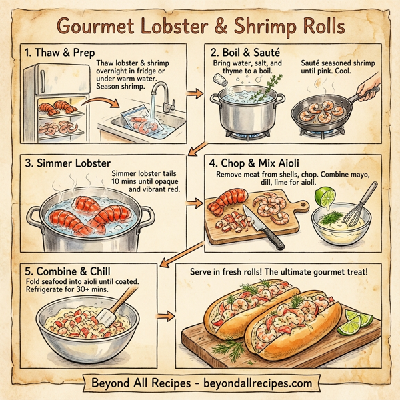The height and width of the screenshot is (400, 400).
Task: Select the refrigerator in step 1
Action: coord(50,100)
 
